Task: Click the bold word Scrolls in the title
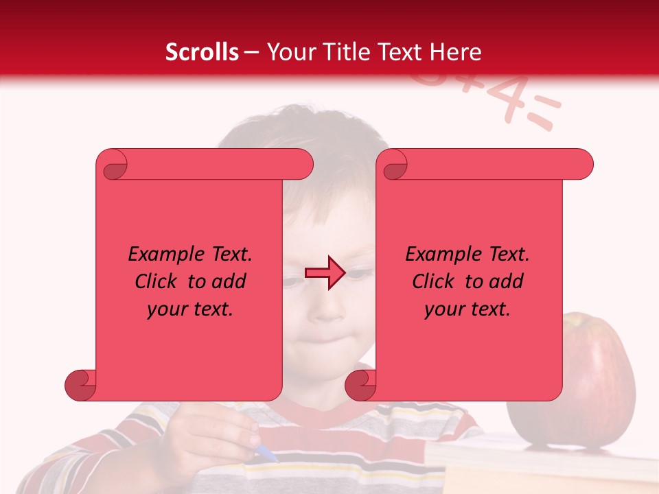tap(202, 52)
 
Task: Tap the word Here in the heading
tap(455, 52)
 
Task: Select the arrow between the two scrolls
tap(325, 273)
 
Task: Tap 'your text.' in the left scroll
tap(190, 309)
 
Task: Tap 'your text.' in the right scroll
tap(467, 309)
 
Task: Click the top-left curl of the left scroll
tap(113, 165)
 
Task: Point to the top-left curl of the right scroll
tap(393, 165)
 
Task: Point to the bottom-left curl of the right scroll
tap(360, 384)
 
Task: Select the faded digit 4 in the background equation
tap(504, 99)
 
